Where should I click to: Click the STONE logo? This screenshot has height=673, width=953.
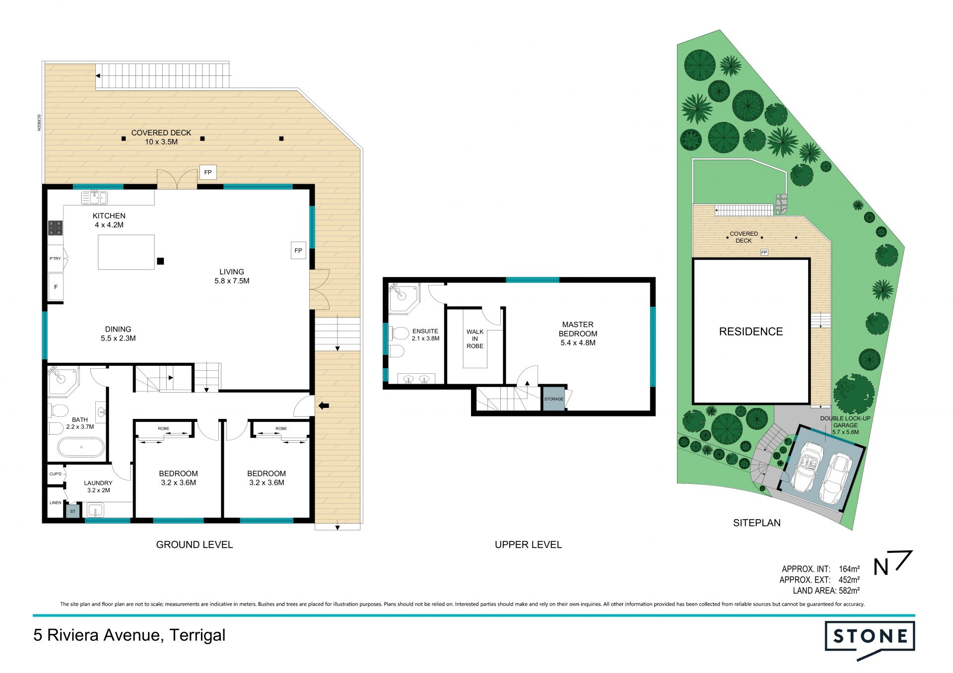click(x=870, y=640)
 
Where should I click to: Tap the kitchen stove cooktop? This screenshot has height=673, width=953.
click(x=55, y=228)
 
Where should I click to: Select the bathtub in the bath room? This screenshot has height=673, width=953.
click(x=81, y=447)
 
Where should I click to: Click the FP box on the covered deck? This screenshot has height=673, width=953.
click(x=208, y=172)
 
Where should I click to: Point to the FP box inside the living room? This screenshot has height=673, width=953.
click(x=298, y=250)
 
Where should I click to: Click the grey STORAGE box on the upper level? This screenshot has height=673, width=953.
click(x=553, y=399)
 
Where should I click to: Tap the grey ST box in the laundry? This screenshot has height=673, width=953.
click(x=73, y=511)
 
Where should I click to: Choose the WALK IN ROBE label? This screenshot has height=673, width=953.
click(x=475, y=339)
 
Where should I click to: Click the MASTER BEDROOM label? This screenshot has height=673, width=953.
click(x=578, y=329)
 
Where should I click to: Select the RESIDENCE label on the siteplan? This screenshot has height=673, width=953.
click(x=751, y=332)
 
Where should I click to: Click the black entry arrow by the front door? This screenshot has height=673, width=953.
click(x=324, y=406)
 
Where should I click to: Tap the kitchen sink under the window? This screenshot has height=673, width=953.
click(x=94, y=198)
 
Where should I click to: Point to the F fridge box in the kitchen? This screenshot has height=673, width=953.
click(x=56, y=287)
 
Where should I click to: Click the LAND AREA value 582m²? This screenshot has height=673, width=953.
click(x=849, y=591)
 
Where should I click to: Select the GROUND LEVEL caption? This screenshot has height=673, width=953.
click(x=195, y=544)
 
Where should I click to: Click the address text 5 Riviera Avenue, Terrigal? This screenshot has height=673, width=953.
click(x=130, y=635)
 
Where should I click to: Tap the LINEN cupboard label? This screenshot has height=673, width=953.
click(x=56, y=503)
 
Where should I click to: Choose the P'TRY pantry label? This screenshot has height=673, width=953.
click(x=55, y=259)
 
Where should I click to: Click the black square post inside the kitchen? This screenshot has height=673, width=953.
click(x=160, y=261)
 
